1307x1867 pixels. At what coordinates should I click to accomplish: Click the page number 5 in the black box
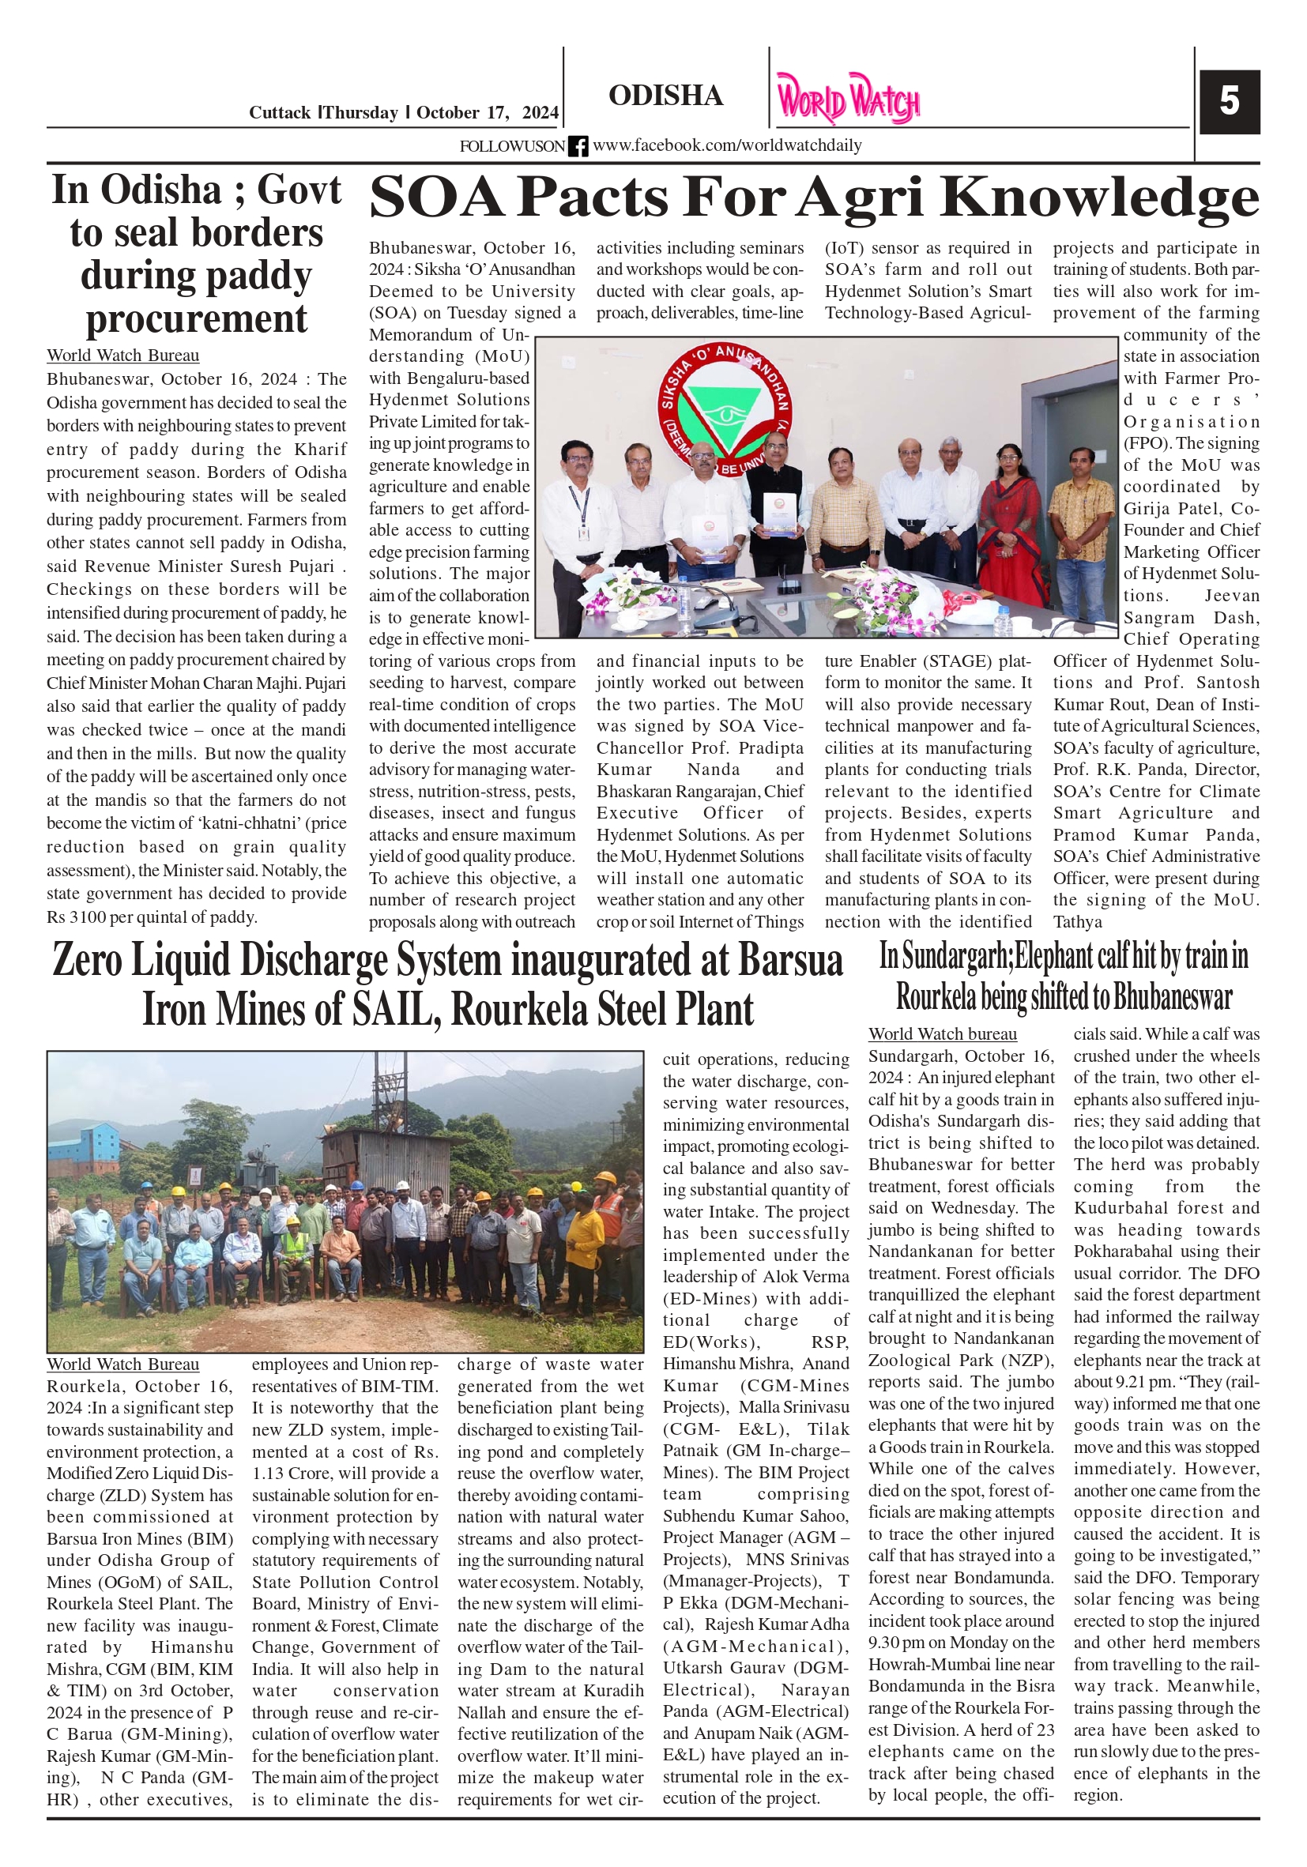pos(1228,102)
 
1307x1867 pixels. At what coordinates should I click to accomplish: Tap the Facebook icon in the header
pos(578,146)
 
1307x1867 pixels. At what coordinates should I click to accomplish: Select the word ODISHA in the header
pos(665,96)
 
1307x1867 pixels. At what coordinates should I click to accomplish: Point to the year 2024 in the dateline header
pos(540,113)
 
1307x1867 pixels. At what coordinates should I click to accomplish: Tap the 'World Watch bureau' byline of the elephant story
pos(942,1034)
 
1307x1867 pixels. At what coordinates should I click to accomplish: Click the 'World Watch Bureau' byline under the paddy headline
pos(122,356)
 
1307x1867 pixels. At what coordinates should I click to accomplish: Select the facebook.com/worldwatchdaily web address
pos(726,145)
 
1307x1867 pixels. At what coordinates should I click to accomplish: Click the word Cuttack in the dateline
pos(279,113)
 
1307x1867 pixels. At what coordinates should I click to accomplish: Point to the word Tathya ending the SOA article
pos(1077,922)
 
